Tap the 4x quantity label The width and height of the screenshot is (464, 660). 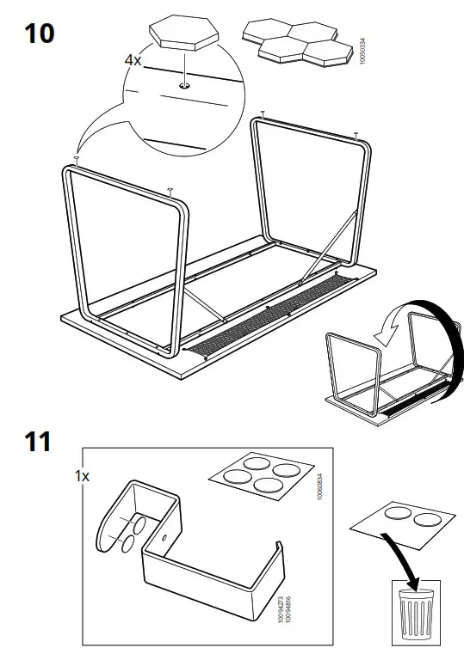(x=133, y=62)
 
